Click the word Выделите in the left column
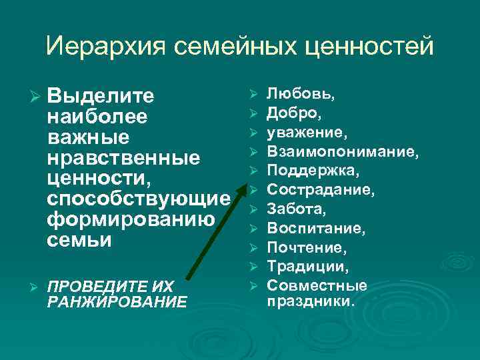click(101, 97)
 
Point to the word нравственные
click(124, 158)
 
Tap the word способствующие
click(139, 199)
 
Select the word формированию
click(131, 220)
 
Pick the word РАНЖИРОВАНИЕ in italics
click(118, 302)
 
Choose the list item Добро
click(296, 113)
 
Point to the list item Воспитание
click(316, 229)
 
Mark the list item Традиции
click(307, 267)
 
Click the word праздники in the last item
click(311, 301)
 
